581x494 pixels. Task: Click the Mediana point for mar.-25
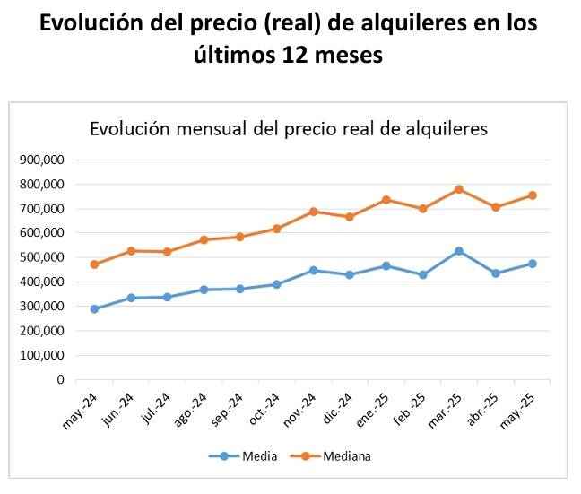pos(459,189)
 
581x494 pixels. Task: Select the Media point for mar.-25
pos(459,251)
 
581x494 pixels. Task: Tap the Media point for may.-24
pos(94,309)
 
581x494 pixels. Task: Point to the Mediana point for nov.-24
pos(314,212)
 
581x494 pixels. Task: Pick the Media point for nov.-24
pos(314,270)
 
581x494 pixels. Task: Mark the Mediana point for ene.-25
pos(386,200)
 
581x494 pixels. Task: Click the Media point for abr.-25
pos(496,273)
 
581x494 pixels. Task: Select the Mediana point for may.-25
pos(533,195)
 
